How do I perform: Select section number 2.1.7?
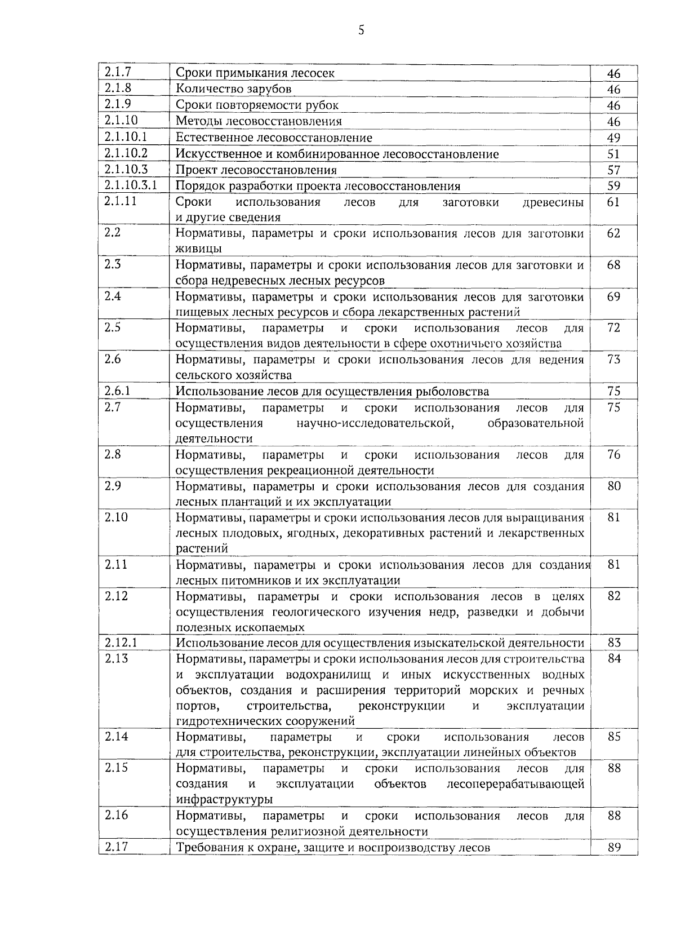(117, 72)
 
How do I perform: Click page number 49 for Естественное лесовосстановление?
(613, 138)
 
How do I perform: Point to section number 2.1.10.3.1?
(131, 185)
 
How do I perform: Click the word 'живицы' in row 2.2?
(198, 249)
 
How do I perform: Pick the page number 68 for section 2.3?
(613, 264)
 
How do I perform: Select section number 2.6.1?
(117, 391)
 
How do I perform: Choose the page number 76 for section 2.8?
(613, 454)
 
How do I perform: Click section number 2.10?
(116, 517)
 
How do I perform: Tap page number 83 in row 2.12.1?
(613, 643)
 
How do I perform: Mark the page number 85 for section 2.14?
(613, 736)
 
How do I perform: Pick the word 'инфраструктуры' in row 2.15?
(224, 799)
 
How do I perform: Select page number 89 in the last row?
(613, 847)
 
